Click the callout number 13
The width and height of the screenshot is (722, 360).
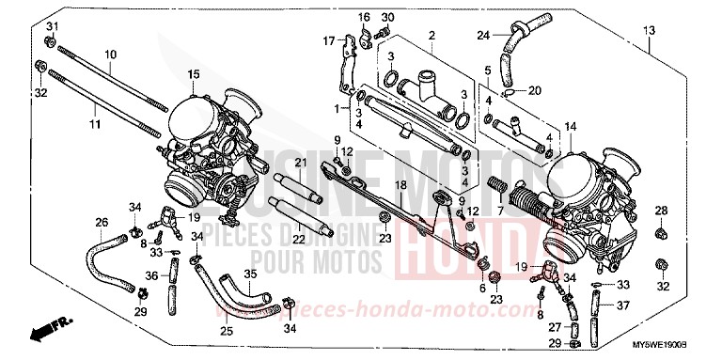649,31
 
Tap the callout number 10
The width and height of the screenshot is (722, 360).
110,55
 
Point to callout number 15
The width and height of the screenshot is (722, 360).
193,73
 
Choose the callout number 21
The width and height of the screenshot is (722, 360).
301,164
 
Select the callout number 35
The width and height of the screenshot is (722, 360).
249,274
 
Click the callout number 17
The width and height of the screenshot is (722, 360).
330,40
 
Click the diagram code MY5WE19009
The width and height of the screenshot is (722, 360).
670,349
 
